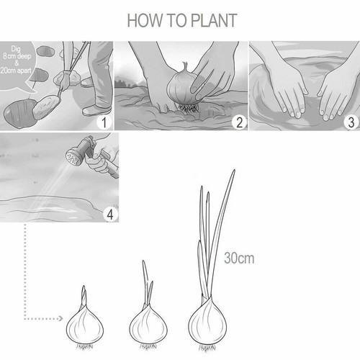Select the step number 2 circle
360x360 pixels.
[x=238, y=122]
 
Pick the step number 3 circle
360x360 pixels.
[x=350, y=122]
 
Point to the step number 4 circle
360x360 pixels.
[x=109, y=213]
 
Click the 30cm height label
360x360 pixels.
[x=239, y=257]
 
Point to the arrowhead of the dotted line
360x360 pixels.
[x=60, y=317]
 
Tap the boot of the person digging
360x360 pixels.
[x=96, y=110]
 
